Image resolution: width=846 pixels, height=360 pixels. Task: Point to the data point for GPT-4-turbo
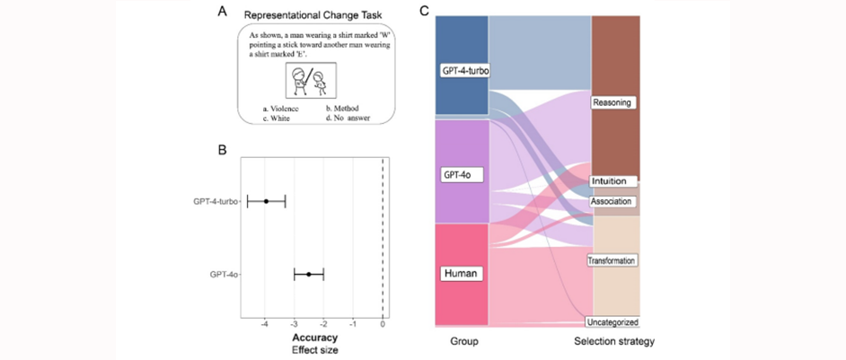point(266,201)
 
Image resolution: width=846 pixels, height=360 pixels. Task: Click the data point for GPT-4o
point(308,274)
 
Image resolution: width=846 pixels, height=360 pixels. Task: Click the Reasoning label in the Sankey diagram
point(613,102)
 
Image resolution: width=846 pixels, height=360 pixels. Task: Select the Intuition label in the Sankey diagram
point(614,181)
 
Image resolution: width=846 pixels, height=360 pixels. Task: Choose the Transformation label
point(612,260)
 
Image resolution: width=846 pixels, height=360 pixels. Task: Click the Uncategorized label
point(612,321)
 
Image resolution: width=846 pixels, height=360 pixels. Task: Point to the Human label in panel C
point(463,271)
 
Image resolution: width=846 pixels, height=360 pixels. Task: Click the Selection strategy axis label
point(614,342)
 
